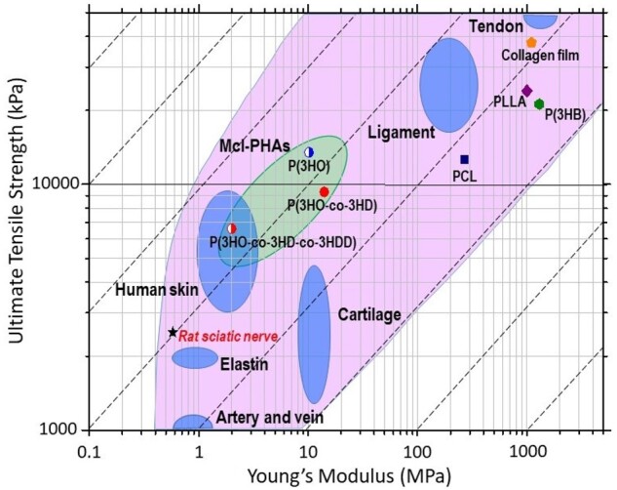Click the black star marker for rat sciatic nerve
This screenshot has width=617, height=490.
click(x=173, y=333)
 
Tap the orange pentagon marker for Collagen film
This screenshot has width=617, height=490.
click(x=531, y=43)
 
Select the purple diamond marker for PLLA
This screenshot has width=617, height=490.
click(x=527, y=91)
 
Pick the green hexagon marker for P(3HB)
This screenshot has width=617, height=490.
click(x=539, y=103)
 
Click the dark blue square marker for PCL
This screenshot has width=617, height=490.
click(x=465, y=159)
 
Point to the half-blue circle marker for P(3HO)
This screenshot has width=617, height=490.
click(x=309, y=152)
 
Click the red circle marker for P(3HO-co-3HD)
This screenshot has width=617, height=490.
click(x=325, y=191)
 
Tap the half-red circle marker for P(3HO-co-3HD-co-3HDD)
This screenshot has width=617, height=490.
click(x=232, y=228)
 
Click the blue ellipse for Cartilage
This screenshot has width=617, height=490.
click(x=313, y=332)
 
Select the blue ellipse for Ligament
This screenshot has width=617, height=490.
click(x=448, y=85)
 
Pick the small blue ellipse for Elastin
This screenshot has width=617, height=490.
click(x=195, y=357)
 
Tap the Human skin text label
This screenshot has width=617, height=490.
click(x=156, y=290)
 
